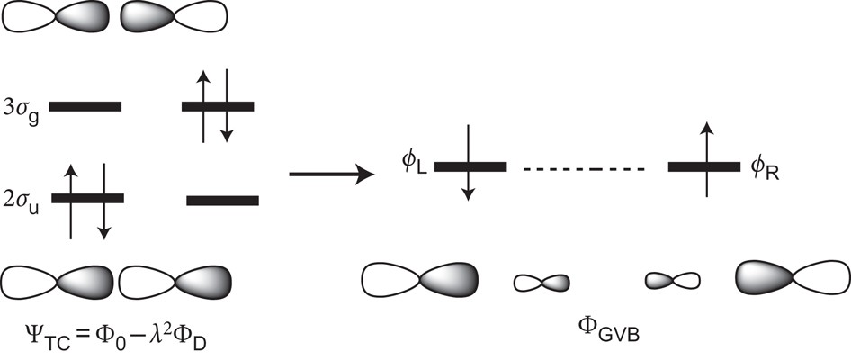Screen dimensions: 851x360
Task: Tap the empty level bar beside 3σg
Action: click(x=85, y=106)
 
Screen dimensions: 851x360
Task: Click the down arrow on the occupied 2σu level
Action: click(x=103, y=200)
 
